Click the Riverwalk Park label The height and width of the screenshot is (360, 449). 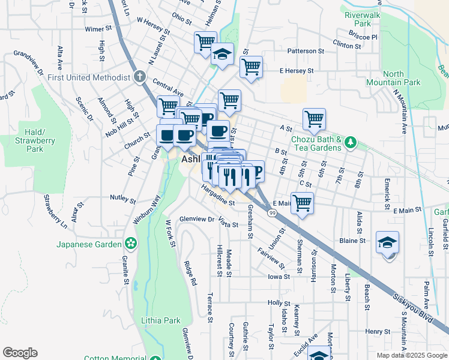click(x=363, y=18)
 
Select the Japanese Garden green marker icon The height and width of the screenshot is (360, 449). click(x=130, y=244)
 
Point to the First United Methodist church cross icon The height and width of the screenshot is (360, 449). click(x=139, y=77)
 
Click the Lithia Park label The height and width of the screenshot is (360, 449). click(x=160, y=320)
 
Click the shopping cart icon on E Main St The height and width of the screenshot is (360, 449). click(x=302, y=203)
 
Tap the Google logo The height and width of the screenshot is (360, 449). click(x=20, y=353)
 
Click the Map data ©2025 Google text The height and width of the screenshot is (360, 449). click(x=412, y=355)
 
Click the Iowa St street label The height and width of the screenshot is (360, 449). click(x=279, y=277)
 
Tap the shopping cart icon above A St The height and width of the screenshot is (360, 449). click(x=314, y=119)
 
